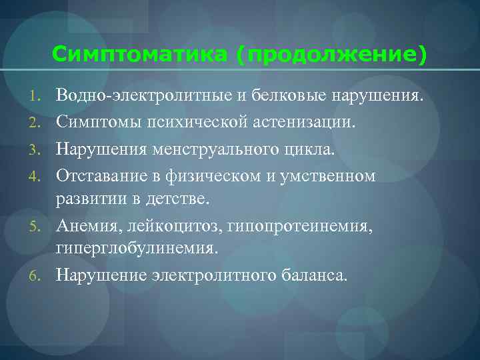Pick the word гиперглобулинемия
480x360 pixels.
pos(136,249)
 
